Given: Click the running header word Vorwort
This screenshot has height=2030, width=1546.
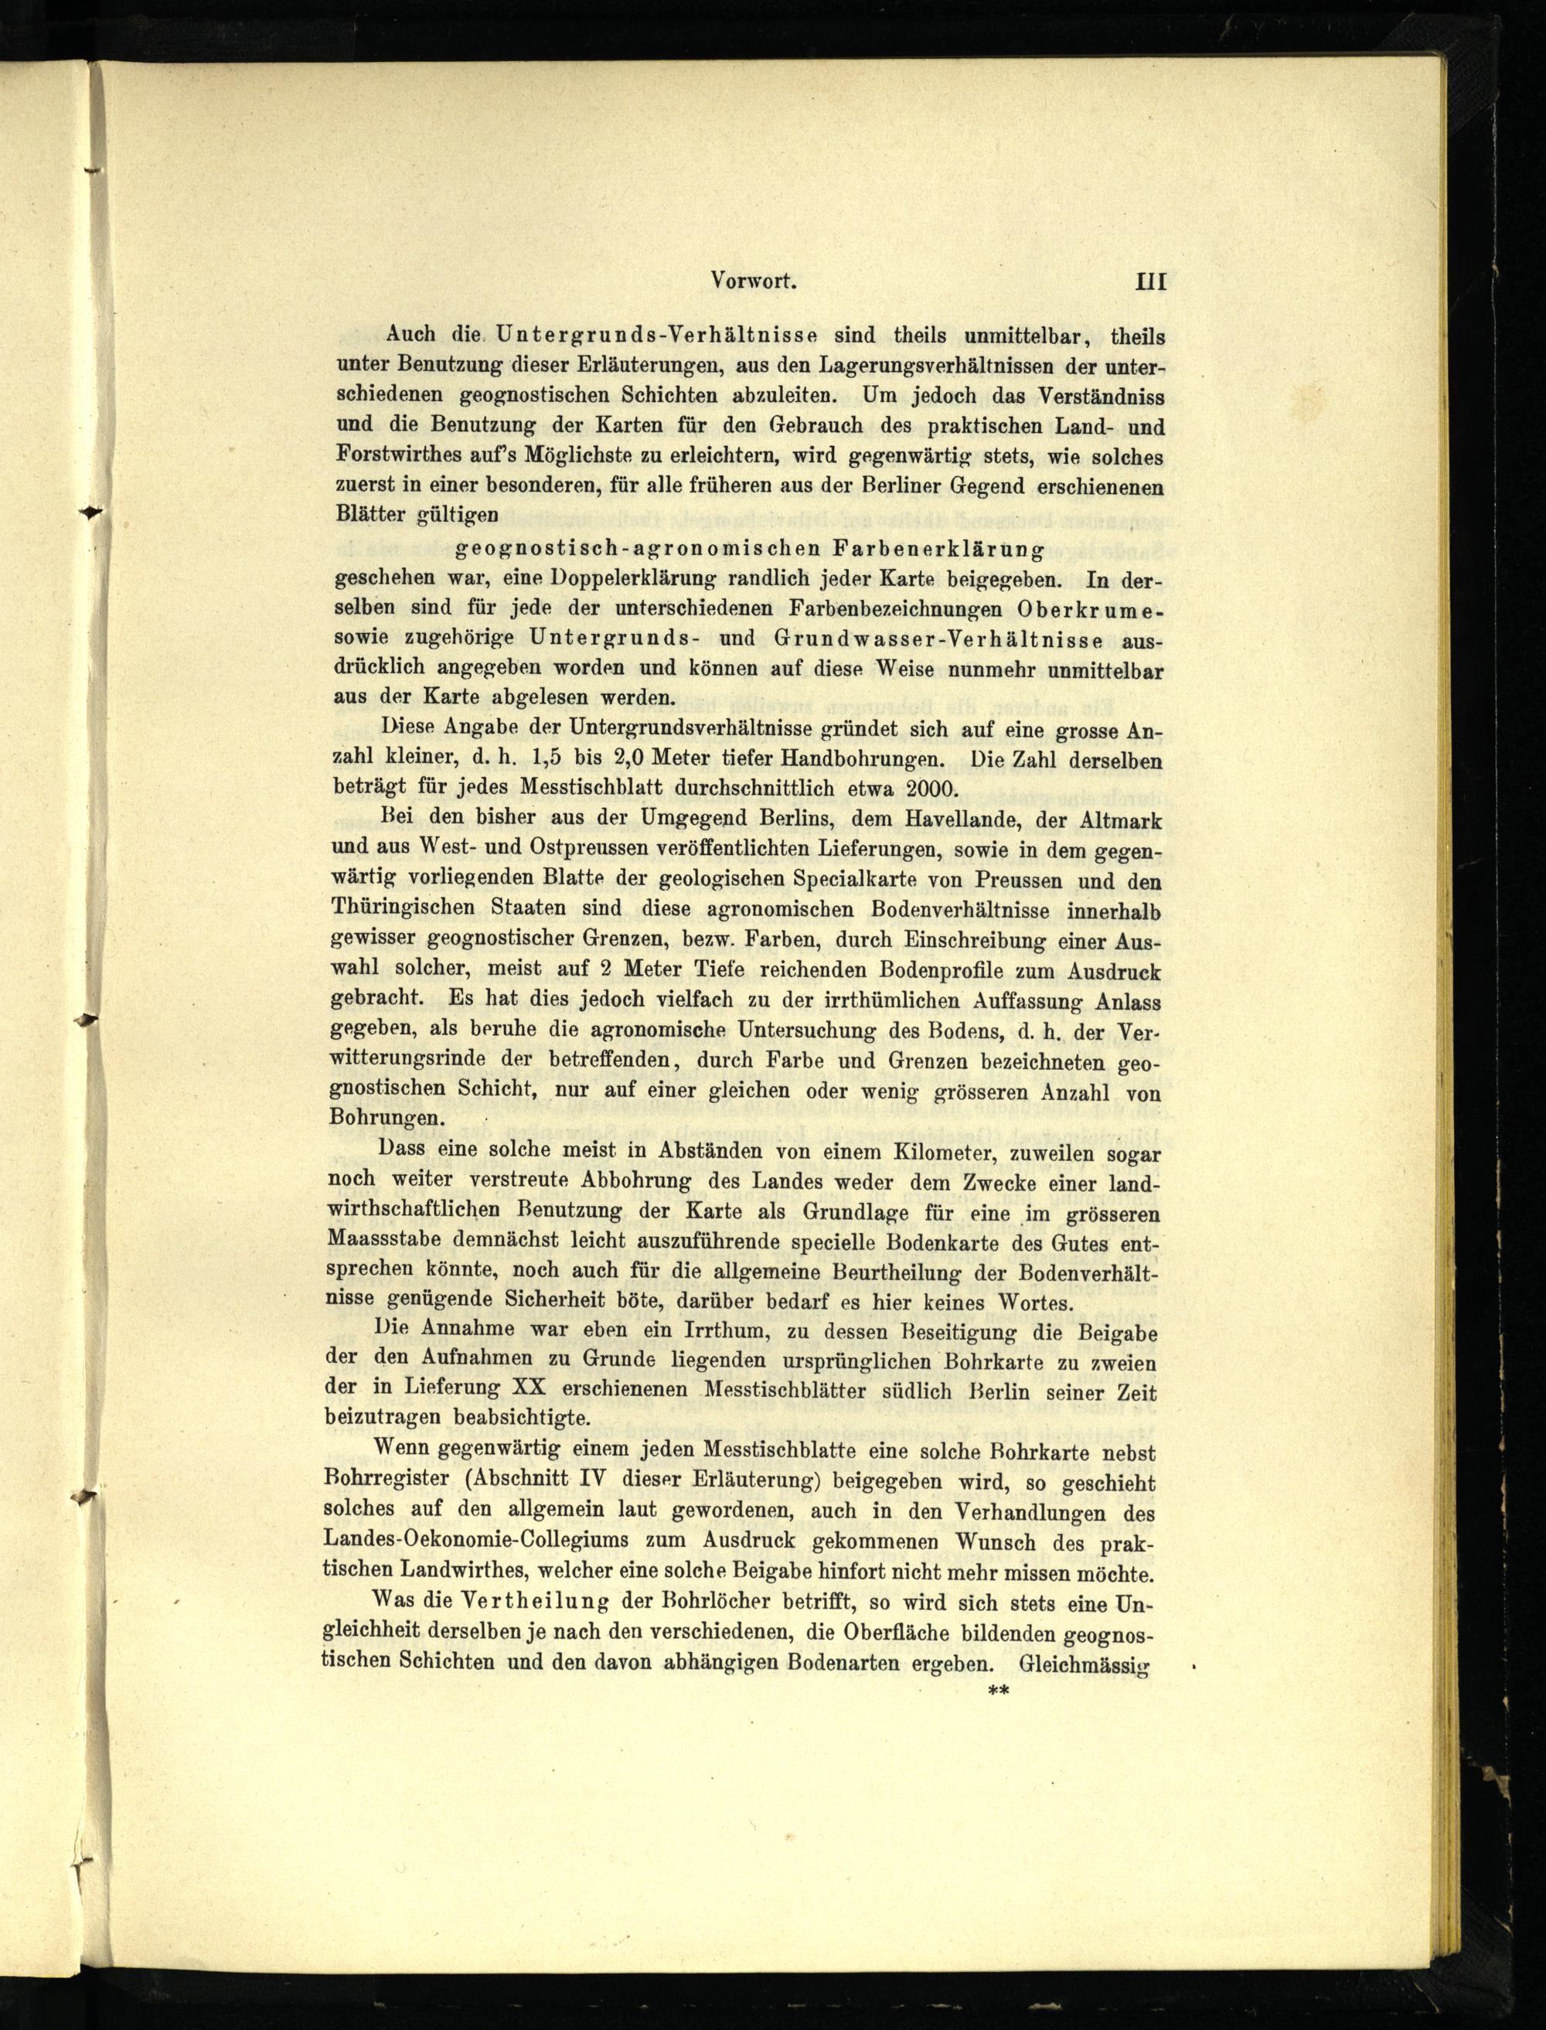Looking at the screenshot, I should [x=753, y=282].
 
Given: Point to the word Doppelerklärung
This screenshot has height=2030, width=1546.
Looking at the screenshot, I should [x=632, y=579].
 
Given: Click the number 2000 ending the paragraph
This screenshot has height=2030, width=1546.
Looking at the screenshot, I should [x=931, y=788].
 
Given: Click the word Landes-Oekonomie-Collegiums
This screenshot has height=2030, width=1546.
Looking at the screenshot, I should [x=482, y=1541].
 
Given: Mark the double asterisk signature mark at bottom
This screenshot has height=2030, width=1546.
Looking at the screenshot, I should [x=999, y=1691].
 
